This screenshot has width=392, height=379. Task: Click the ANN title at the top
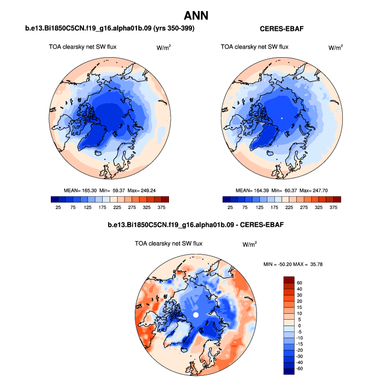pos(196,14)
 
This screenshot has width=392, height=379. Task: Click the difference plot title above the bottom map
pos(196,225)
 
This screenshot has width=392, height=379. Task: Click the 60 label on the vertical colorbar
pos(299,282)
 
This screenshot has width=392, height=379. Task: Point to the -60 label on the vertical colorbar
pos(300,368)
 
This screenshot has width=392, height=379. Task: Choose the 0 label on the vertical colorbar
pos(298,325)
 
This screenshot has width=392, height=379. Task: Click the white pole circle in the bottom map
pos(196,315)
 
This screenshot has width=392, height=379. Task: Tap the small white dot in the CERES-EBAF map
pos(281,117)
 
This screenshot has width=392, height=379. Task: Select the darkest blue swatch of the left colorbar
pos(54,199)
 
